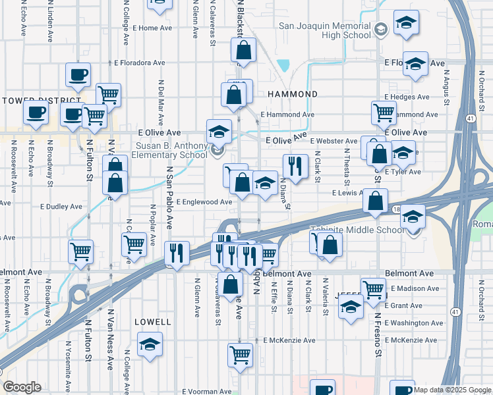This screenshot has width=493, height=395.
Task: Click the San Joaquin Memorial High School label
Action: click(325, 30)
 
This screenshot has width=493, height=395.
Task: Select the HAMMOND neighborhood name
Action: click(288, 95)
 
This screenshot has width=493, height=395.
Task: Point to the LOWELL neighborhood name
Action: click(152, 323)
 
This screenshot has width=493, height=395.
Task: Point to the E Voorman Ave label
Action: click(204, 391)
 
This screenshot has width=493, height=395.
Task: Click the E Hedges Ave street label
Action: click(407, 97)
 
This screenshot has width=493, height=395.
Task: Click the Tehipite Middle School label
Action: click(357, 230)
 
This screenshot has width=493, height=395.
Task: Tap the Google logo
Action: click(22, 386)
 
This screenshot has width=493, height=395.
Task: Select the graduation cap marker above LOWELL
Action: click(150, 344)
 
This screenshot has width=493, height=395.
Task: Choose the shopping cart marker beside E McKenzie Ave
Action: click(240, 355)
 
